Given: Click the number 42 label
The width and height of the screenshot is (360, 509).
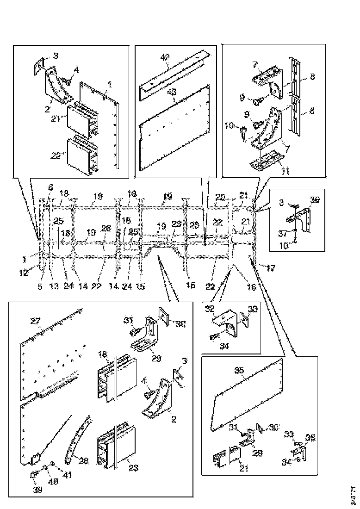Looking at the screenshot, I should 165,57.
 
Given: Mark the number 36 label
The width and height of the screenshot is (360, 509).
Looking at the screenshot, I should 315,200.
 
